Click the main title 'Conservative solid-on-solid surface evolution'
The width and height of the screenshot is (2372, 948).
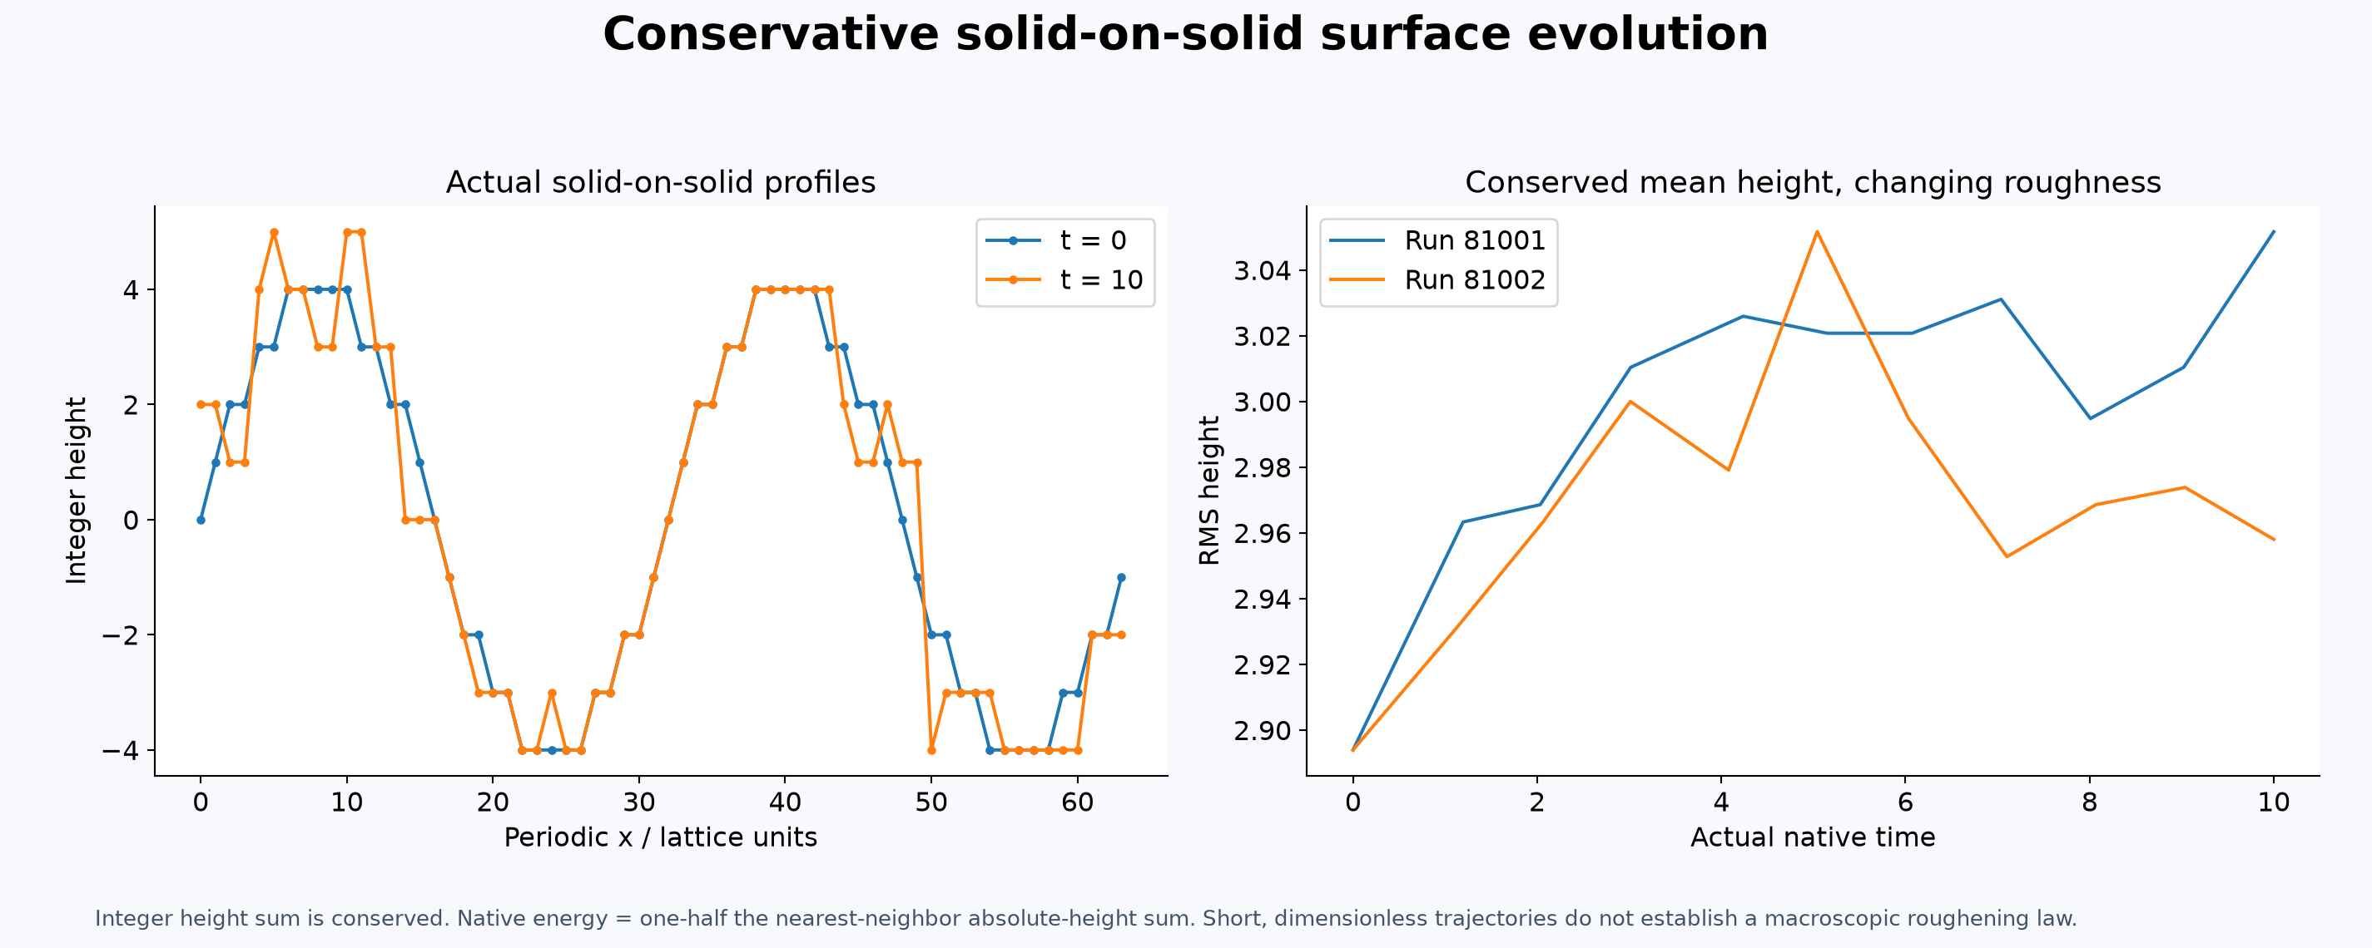pyautogui.click(x=1185, y=34)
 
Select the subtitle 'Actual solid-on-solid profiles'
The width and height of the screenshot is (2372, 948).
pyautogui.click(x=660, y=182)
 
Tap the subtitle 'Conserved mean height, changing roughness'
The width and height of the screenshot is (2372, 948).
pyautogui.click(x=1812, y=182)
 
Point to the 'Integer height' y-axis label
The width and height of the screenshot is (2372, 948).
pyautogui.click(x=77, y=491)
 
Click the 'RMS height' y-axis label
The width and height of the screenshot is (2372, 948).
pyautogui.click(x=1209, y=491)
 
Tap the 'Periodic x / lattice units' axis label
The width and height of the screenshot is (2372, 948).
pyautogui.click(x=660, y=837)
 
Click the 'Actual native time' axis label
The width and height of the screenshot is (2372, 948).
pyautogui.click(x=1812, y=837)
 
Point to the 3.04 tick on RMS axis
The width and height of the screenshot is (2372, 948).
pyautogui.click(x=1263, y=270)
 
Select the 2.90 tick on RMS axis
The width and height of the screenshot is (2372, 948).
pyautogui.click(x=1263, y=731)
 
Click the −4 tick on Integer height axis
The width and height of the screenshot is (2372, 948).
pyautogui.click(x=121, y=751)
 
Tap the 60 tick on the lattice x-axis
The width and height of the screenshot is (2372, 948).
pyautogui.click(x=1077, y=802)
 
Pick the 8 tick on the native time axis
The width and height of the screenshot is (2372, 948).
pyautogui.click(x=2089, y=802)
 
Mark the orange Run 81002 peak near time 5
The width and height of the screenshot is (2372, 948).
pyautogui.click(x=1816, y=232)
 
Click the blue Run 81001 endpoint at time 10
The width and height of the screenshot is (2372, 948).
pyautogui.click(x=2274, y=232)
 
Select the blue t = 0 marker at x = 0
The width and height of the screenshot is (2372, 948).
pyautogui.click(x=201, y=520)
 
